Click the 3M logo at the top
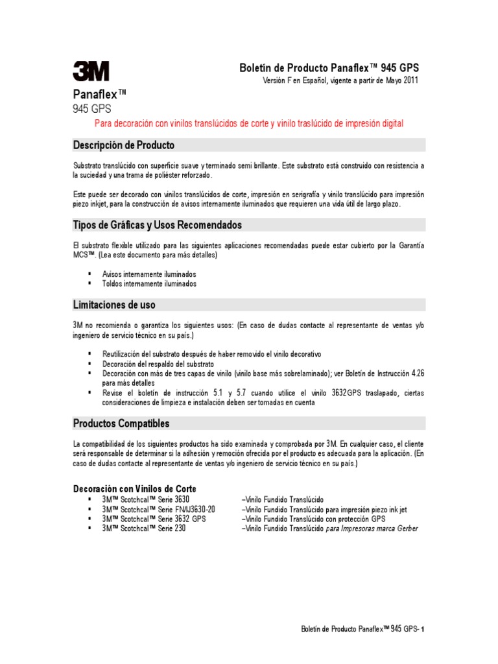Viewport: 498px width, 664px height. pos(91,71)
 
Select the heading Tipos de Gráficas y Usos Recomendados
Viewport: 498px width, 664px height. pos(157,225)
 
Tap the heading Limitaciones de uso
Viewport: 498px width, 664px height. pos(113,304)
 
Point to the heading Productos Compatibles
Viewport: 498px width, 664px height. pos(121,423)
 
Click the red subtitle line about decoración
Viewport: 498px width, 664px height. pos(249,123)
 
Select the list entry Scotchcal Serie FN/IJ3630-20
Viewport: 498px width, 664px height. pos(158,509)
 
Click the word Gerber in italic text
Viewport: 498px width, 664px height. pos(405,528)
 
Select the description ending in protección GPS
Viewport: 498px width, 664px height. pos(314,519)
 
